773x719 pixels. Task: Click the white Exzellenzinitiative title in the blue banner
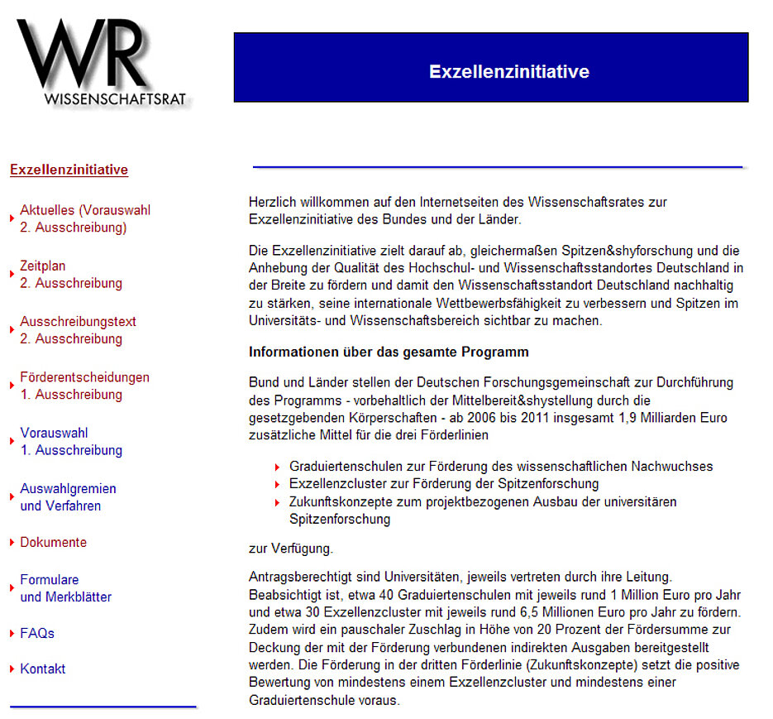coord(508,72)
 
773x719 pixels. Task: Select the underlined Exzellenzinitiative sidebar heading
coord(69,170)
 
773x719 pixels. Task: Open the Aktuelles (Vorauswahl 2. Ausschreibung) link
coord(84,219)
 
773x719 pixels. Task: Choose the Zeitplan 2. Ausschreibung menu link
coord(70,275)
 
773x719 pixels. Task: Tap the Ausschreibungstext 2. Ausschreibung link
coord(78,330)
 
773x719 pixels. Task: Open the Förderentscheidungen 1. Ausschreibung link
coord(84,386)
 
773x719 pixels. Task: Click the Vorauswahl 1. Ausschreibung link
coord(70,441)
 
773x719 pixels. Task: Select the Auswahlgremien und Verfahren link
coord(68,496)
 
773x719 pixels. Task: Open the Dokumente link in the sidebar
coord(53,543)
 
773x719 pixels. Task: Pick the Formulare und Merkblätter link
coord(65,588)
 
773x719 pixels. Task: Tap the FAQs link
coord(37,633)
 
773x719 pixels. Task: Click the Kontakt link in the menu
coord(43,669)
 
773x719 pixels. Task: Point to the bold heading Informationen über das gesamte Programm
coord(388,352)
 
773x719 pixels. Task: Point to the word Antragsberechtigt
coord(296,576)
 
